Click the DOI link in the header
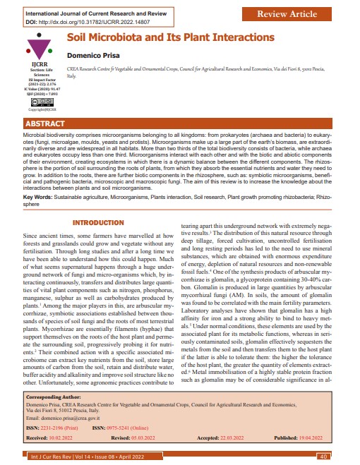90,22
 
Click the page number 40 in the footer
324,457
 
